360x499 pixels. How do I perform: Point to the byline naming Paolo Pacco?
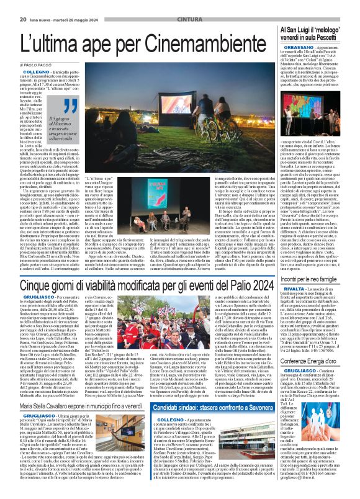pos(35,64)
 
